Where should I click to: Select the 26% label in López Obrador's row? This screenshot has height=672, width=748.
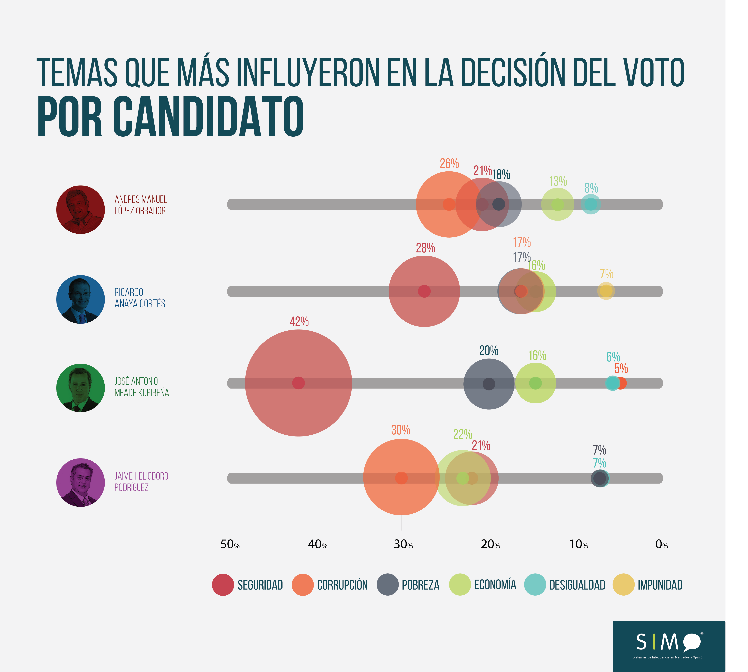coord(449,164)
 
